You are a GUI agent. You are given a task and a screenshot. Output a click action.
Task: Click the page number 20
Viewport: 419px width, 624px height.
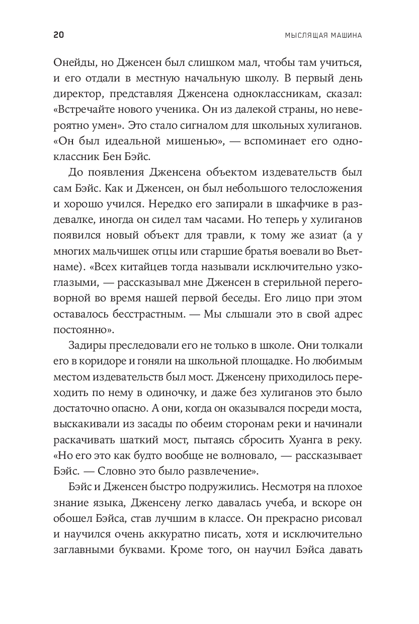tap(57, 35)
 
